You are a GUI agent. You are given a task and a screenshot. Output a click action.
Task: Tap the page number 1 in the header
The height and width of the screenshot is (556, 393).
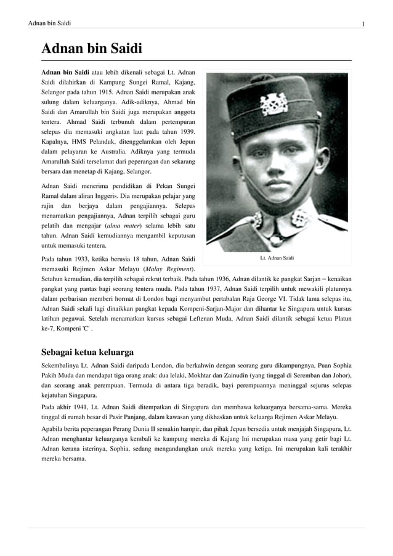click(x=363, y=23)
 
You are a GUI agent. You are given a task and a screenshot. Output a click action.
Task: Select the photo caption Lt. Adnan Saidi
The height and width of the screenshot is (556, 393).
click(x=276, y=257)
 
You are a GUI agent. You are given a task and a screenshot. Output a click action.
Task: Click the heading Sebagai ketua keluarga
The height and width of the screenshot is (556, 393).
click(x=87, y=353)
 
